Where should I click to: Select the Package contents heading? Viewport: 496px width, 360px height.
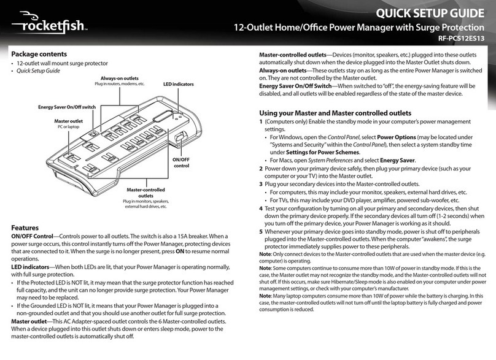point(39,53)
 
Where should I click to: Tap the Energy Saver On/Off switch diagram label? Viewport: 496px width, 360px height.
point(67,107)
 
